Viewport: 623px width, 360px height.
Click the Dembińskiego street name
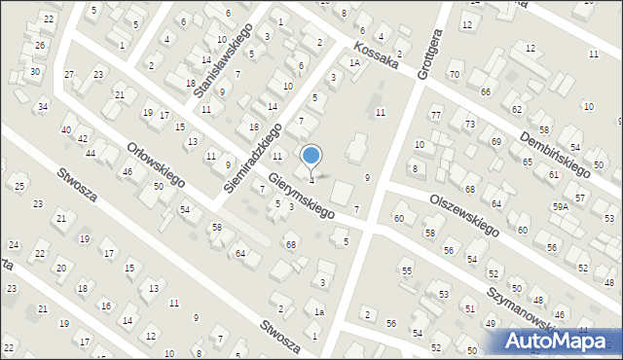[x=555, y=152]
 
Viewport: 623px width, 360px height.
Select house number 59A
[x=560, y=207]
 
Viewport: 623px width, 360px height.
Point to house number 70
[x=454, y=75]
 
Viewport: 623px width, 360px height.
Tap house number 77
[x=436, y=116]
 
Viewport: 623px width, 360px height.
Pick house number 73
[x=469, y=125]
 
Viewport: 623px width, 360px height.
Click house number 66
[x=484, y=91]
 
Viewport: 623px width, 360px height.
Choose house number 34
[x=43, y=106]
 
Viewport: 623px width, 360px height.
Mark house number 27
[x=69, y=75]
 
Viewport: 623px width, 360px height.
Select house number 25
[x=19, y=186]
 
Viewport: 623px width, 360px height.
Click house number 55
[x=407, y=270]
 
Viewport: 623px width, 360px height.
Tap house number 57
[x=580, y=198]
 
